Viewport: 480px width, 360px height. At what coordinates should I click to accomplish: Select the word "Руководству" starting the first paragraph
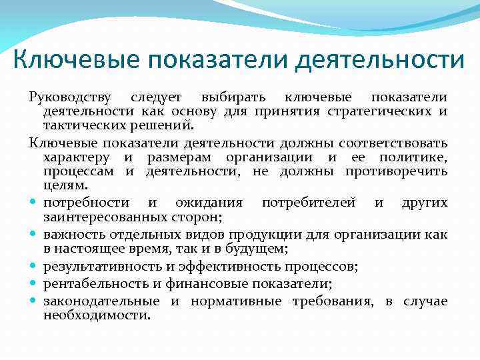[71, 98]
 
